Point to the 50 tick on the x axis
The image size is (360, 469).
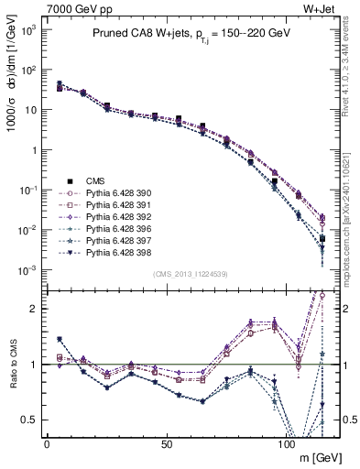166,444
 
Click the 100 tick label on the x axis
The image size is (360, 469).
287,444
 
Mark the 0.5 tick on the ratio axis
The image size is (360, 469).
27,420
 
